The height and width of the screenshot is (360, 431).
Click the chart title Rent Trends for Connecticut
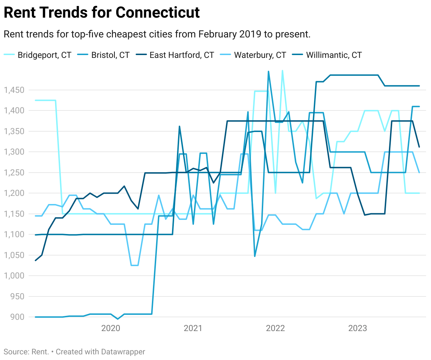click(102, 13)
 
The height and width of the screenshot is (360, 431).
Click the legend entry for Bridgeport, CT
click(45, 55)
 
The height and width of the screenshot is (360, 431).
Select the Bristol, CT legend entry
click(110, 55)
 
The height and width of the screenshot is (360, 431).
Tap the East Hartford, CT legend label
click(182, 55)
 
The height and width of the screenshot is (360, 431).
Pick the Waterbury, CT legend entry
click(260, 55)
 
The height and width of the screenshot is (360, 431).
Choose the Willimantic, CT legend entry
click(334, 55)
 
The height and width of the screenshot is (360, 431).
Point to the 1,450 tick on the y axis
click(14, 90)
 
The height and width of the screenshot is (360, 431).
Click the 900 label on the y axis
click(18, 317)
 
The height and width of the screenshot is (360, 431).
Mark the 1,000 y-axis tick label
click(14, 276)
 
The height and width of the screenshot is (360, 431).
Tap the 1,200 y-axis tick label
click(14, 193)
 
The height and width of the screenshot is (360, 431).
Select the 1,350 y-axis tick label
click(14, 131)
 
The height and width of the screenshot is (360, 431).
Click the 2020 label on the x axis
click(111, 328)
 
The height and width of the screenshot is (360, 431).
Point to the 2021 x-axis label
click(193, 328)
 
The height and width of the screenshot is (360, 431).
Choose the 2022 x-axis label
click(275, 328)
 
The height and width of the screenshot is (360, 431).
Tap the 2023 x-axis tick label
click(358, 328)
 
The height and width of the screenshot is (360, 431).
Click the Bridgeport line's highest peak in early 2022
click(282, 71)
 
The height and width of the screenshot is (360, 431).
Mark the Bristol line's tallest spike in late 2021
click(268, 72)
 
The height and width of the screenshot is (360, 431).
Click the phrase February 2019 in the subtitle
click(230, 34)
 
